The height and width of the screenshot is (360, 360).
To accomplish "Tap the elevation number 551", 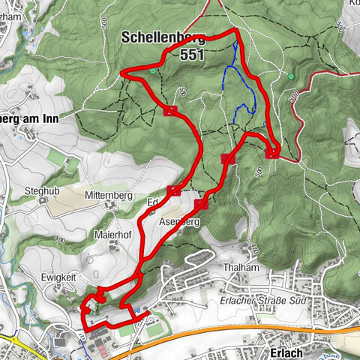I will tap(193, 55).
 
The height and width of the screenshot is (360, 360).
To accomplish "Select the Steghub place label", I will tap(40, 190).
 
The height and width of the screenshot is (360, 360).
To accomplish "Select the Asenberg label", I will tap(179, 223).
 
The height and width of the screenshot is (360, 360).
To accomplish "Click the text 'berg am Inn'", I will tap(28, 118).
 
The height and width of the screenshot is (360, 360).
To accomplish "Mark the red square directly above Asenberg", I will tap(201, 205).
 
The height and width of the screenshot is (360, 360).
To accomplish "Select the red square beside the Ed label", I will tap(174, 190).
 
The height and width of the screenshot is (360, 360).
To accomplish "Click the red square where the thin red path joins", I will tap(272, 153).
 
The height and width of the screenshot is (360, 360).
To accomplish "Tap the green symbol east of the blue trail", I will tap(290, 75).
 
